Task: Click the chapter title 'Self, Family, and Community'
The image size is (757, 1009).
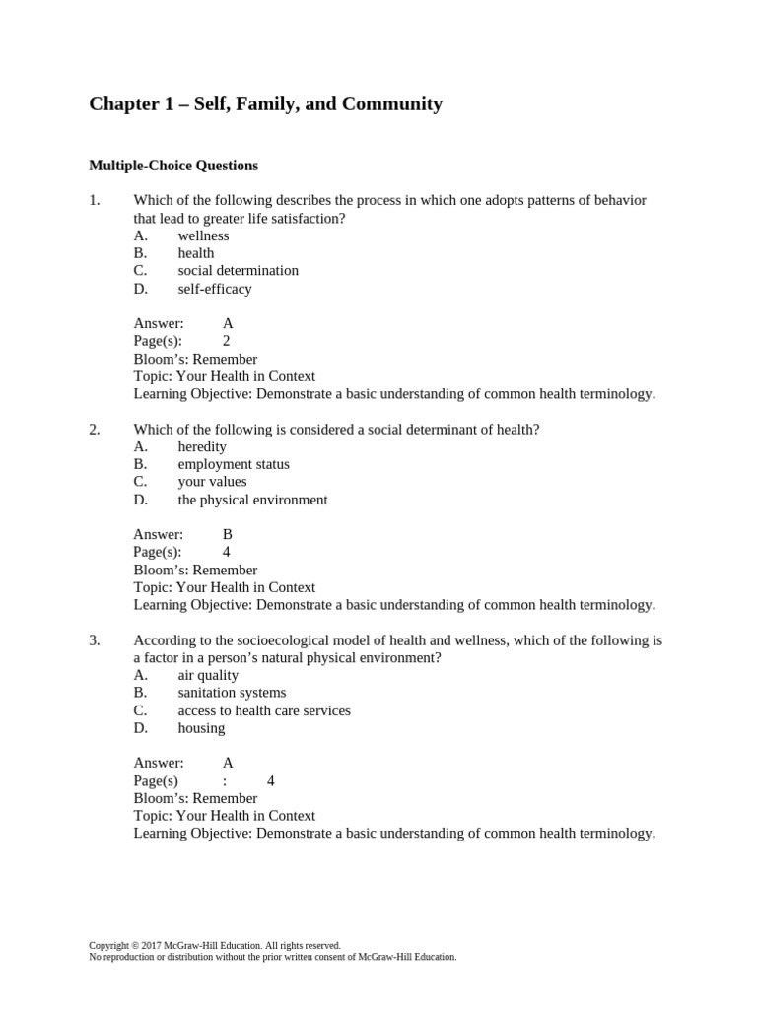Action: [266, 103]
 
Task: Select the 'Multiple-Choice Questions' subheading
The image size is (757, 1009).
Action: [173, 166]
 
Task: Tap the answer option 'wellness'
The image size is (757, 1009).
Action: [203, 235]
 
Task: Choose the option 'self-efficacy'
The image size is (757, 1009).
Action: [215, 289]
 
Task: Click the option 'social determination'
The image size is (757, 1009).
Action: [238, 271]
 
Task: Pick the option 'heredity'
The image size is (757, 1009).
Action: [202, 446]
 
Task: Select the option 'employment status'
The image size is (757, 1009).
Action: [234, 464]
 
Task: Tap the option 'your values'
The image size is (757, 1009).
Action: [212, 482]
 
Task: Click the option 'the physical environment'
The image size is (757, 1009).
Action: [252, 500]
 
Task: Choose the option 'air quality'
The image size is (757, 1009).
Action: [208, 675]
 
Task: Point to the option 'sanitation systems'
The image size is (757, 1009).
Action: [232, 693]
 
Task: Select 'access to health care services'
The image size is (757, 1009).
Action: [264, 710]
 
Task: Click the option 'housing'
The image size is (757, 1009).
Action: [201, 728]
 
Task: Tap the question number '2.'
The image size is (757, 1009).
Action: [95, 429]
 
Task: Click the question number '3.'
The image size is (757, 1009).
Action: [95, 640]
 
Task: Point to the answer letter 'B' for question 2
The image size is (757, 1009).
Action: [228, 534]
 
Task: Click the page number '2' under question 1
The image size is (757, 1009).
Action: [227, 341]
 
